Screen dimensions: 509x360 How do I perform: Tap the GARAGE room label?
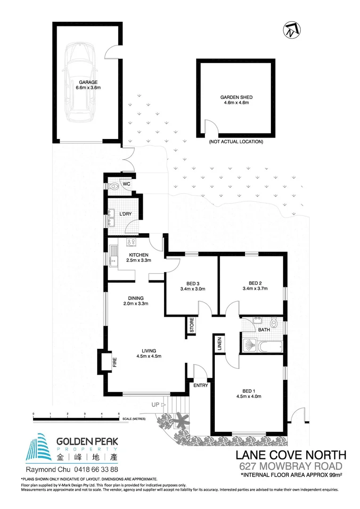pos(88,82)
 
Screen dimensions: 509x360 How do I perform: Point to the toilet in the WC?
pos(115,187)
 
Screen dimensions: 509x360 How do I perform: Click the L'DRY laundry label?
pos(125,214)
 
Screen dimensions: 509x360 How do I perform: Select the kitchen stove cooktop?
pos(131,243)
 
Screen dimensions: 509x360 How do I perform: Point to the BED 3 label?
pos(190,283)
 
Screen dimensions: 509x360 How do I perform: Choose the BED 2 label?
pos(255,283)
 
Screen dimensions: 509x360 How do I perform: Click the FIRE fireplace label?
pos(114,362)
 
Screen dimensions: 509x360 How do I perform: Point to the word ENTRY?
pos(201,386)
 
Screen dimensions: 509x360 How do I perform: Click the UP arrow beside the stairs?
pos(164,404)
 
